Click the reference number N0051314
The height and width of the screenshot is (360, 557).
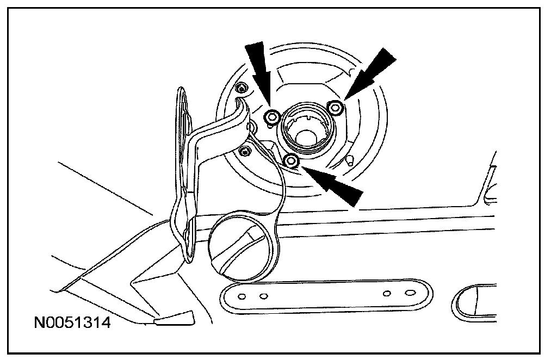72,324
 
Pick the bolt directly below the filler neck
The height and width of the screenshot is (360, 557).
292,160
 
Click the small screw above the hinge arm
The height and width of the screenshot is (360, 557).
242,88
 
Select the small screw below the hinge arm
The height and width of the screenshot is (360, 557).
245,150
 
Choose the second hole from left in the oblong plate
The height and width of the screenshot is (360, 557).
264,296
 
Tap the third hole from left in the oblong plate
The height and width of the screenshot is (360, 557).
387,294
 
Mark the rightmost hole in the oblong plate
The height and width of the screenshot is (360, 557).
409,294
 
